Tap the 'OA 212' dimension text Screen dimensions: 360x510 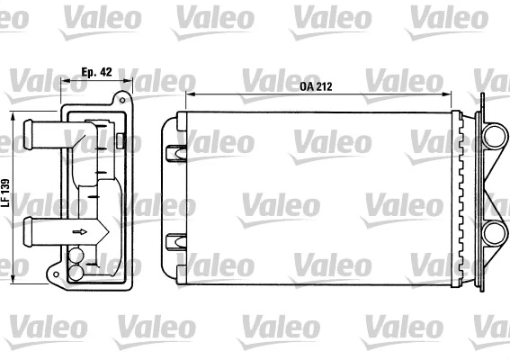coord(315,85)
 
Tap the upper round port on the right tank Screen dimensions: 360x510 coord(492,136)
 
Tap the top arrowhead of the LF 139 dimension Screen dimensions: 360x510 coord(14,114)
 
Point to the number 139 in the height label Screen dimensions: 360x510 coord(6,185)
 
